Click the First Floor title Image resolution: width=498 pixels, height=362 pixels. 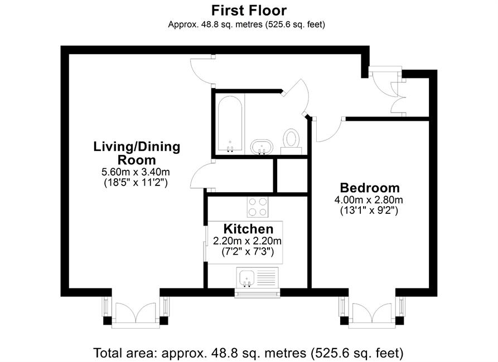pos(249,11)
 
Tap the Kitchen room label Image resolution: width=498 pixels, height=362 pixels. pos(248,229)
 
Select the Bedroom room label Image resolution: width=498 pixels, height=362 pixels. pos(370,188)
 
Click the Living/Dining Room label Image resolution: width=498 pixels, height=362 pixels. pos(137,153)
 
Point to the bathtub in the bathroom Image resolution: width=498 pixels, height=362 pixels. pos(230,124)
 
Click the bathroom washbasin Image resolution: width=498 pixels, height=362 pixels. pos(262,147)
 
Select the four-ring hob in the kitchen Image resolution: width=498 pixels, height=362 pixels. pos(257,207)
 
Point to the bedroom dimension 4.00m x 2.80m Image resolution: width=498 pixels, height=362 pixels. pos(369,200)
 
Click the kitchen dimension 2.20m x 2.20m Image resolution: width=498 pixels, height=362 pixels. pos(247,241)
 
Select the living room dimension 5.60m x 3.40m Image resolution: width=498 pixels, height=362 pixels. pos(136,172)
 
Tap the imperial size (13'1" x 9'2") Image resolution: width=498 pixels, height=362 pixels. pos(369,211)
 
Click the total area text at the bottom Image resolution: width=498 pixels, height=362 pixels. pos(248,353)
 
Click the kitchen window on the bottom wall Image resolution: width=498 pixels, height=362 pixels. pos(257,293)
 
